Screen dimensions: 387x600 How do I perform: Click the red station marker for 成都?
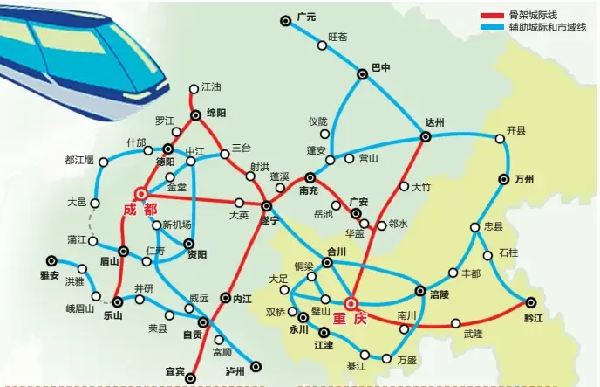click(x=141, y=194)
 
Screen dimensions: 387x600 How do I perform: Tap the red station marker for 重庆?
click(x=351, y=304)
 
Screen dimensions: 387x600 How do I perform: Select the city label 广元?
click(x=305, y=17)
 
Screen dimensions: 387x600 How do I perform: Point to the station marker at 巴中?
click(x=363, y=74)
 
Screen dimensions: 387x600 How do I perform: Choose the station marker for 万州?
click(x=504, y=179)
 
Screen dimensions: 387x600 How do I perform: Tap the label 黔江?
click(x=532, y=319)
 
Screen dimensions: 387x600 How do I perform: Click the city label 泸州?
click(x=235, y=371)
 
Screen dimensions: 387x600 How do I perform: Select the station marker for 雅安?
click(x=51, y=259)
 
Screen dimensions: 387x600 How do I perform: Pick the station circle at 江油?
click(x=194, y=87)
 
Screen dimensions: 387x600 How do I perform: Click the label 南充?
click(x=308, y=190)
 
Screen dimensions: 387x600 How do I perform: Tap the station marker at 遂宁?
click(x=267, y=205)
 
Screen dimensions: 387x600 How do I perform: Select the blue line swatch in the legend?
click(x=492, y=28)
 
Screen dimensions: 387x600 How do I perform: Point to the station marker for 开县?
click(x=501, y=138)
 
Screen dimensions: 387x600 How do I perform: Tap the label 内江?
click(x=242, y=299)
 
